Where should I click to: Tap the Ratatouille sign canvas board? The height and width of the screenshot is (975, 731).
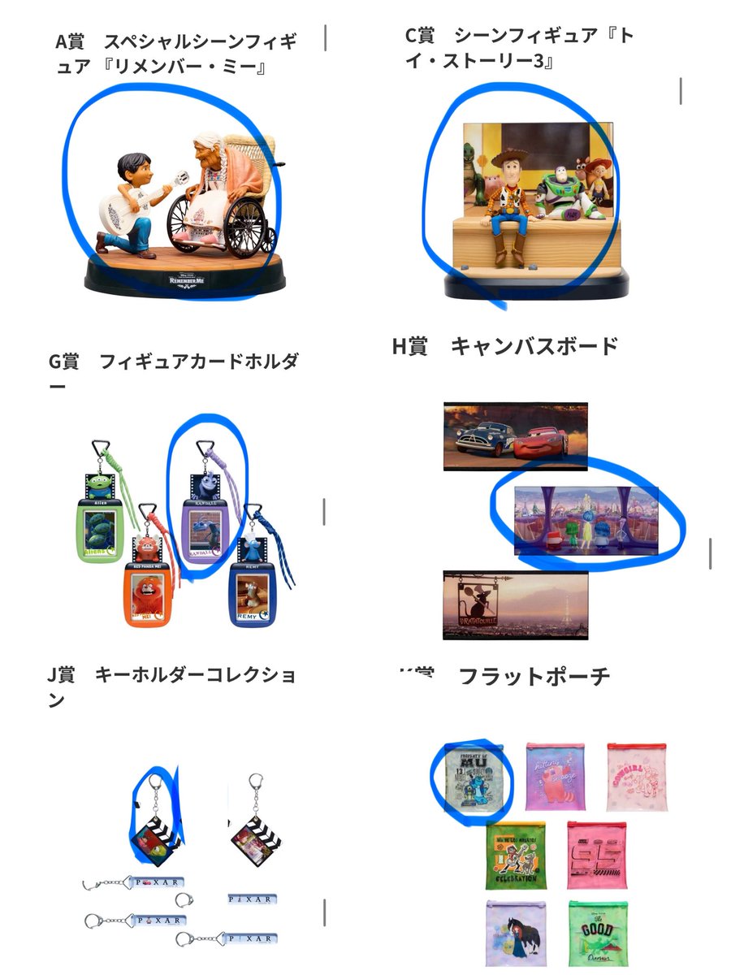point(516,604)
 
